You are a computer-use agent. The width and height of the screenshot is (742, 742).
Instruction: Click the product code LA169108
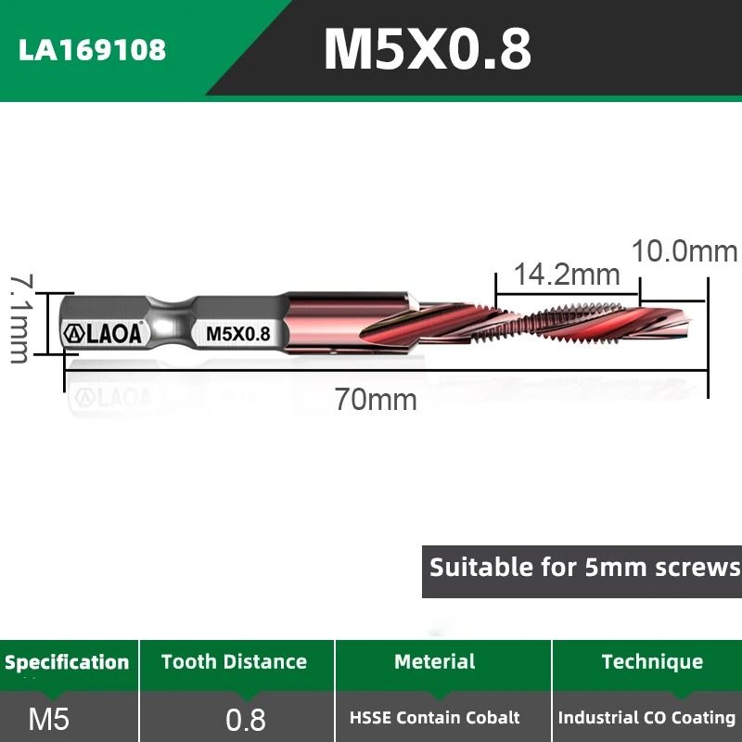93,49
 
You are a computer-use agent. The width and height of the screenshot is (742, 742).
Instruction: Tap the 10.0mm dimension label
684,251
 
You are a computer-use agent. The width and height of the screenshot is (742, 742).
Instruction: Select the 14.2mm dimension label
567,275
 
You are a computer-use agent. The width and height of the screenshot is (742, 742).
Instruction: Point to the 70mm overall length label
376,400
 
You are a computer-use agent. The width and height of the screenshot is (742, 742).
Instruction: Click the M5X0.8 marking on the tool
237,334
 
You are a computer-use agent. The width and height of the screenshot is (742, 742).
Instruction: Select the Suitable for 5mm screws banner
584,566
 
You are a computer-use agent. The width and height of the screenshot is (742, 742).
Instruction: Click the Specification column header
67,662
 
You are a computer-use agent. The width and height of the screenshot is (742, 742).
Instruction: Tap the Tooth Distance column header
234,662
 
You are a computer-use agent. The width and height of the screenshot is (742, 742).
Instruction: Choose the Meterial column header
434,662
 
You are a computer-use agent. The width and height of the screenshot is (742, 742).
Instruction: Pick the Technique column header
652,662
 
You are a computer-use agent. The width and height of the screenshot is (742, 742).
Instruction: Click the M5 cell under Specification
49,719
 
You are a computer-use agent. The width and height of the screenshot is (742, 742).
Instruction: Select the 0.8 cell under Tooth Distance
246,719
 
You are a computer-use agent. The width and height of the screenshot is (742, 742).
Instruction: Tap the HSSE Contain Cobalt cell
435,718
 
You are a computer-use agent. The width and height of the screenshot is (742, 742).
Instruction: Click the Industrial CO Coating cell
646,718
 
